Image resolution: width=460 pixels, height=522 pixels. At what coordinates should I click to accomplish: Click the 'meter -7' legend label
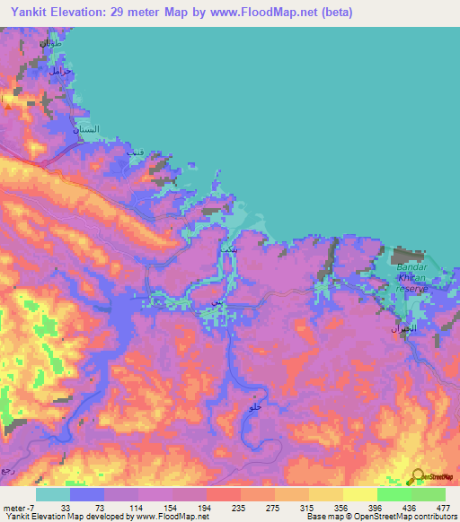click(18, 507)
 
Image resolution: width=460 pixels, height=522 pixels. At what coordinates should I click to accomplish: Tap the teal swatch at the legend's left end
click(52, 494)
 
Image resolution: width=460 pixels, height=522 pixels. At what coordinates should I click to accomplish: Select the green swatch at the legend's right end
click(429, 494)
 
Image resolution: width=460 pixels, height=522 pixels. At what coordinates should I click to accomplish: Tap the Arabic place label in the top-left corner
click(49, 43)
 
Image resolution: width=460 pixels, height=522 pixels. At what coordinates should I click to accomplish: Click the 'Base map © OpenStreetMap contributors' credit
click(381, 517)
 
